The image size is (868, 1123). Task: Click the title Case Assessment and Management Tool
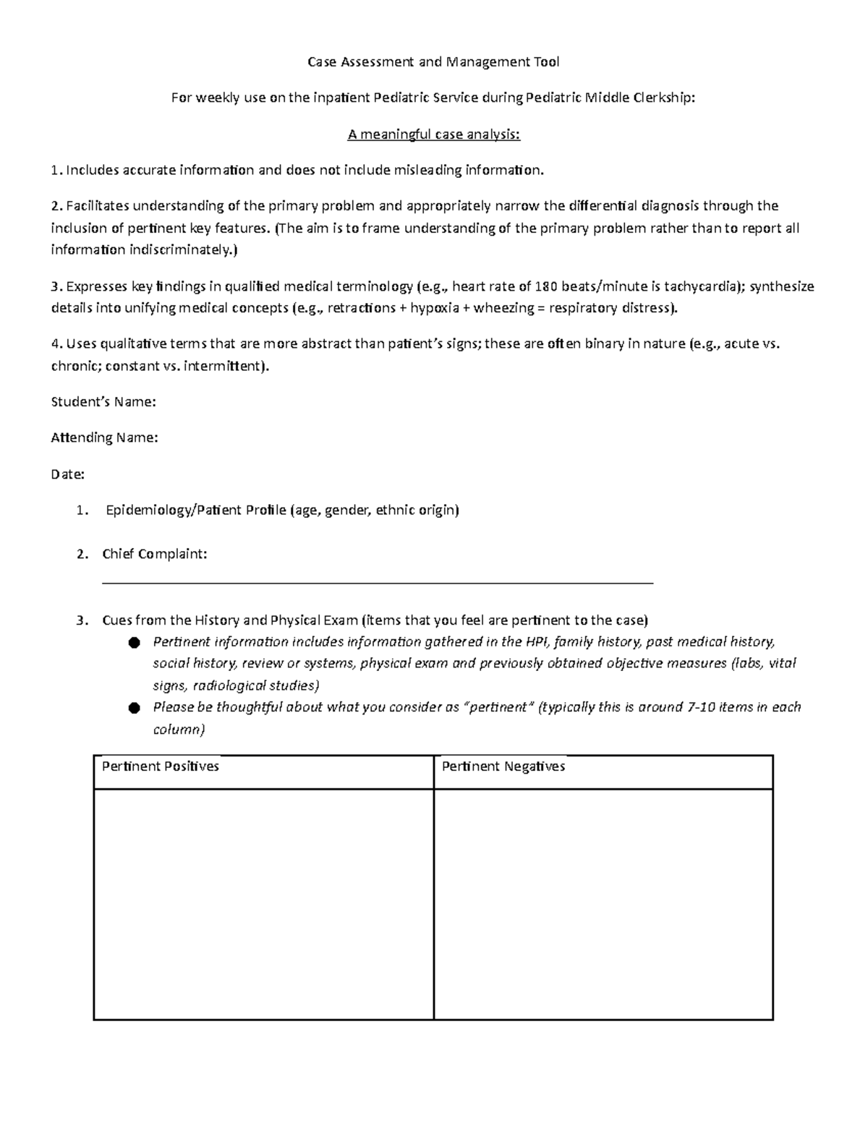click(x=433, y=62)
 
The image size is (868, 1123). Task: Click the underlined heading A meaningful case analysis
click(x=433, y=134)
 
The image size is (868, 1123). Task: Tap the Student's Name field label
click(x=103, y=402)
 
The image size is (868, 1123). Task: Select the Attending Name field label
click(x=104, y=438)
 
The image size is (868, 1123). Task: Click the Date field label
click(x=67, y=475)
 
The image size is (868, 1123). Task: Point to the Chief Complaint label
click(x=154, y=555)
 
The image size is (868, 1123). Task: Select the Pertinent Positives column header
click(x=161, y=767)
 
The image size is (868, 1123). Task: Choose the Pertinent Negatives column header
click(x=503, y=767)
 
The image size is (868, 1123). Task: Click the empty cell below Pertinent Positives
click(x=263, y=904)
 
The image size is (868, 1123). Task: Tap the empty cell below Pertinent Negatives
click(x=603, y=904)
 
